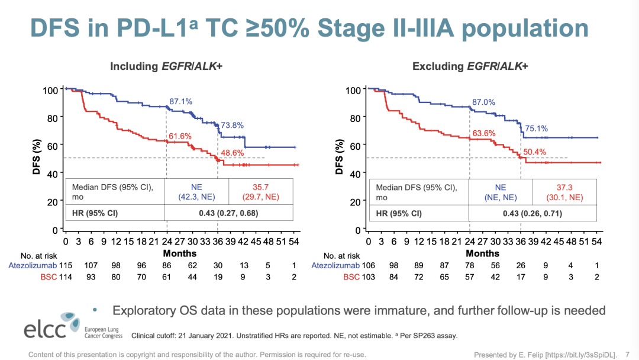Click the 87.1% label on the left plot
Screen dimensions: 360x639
[181, 102]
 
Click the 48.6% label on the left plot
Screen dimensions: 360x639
[233, 153]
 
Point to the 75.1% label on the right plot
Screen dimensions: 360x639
[537, 128]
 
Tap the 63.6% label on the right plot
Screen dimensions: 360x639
[483, 133]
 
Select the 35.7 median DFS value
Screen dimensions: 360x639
[260, 187]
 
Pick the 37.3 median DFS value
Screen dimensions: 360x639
[564, 187]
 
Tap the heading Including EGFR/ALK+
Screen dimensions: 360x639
[166, 66]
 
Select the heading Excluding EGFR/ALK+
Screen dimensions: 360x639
[470, 66]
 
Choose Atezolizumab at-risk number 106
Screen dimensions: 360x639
[368, 265]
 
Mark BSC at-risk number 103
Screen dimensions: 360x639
[368, 277]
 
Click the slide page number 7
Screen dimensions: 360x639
[628, 355]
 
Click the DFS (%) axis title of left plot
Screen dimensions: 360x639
[37, 157]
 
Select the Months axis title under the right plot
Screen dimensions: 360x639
[483, 253]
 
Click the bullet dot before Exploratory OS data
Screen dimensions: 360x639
[96, 309]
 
